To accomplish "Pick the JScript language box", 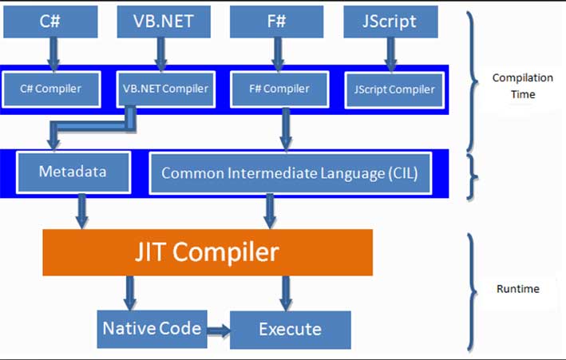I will pos(391,21).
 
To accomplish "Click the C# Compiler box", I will pos(52,89).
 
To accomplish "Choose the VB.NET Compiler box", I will pos(165,89).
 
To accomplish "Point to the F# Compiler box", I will pos(280,89).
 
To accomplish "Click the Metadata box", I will pos(73,172).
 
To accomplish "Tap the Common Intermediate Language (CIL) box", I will pos(290,172).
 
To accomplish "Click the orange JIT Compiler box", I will pos(207,252).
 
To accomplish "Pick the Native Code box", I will pos(151,328).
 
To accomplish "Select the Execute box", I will pos(291,329).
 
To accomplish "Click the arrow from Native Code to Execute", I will pos(216,329).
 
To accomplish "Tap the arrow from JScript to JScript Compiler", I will pos(391,53).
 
